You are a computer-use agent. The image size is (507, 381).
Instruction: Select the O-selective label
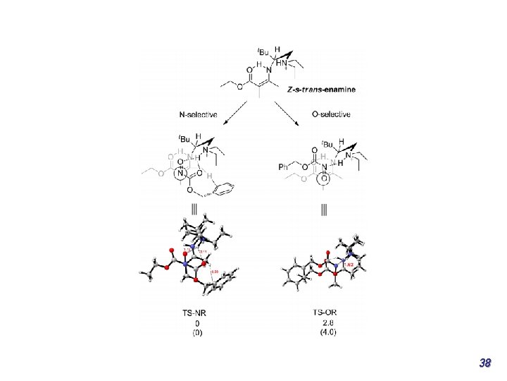[330, 114]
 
